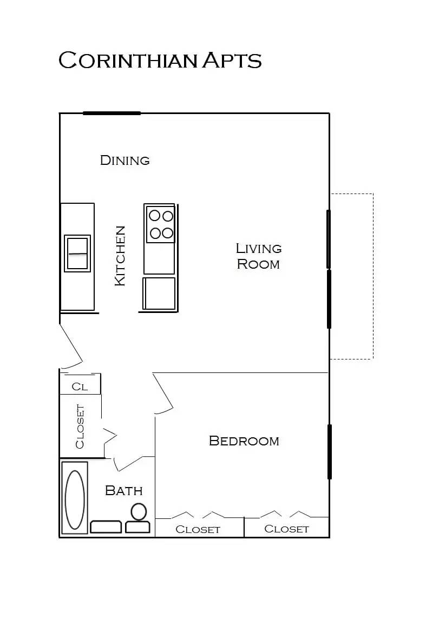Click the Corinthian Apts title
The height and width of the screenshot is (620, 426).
pyautogui.click(x=160, y=60)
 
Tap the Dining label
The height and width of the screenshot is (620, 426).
pyautogui.click(x=124, y=160)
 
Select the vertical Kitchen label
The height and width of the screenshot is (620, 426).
pyautogui.click(x=120, y=256)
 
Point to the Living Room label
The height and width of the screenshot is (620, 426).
pyautogui.click(x=259, y=256)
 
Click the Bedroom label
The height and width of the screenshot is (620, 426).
pyautogui.click(x=244, y=441)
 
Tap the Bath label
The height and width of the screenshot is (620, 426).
pyautogui.click(x=123, y=491)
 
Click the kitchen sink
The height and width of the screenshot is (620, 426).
pyautogui.click(x=77, y=253)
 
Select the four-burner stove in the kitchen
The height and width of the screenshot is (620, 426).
pyautogui.click(x=161, y=224)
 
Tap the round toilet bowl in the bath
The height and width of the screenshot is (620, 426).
pyautogui.click(x=139, y=511)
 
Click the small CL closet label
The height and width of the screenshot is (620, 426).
pyautogui.click(x=80, y=387)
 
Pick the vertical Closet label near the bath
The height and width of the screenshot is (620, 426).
pyautogui.click(x=80, y=426)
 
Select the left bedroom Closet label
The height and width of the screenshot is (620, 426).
pyautogui.click(x=198, y=530)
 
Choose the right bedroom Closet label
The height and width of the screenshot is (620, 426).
pyautogui.click(x=286, y=529)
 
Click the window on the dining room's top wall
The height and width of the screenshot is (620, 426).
pyautogui.click(x=112, y=113)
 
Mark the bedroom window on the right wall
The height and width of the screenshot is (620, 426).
pyautogui.click(x=329, y=452)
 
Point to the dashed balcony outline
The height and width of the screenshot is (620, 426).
pyautogui.click(x=372, y=276)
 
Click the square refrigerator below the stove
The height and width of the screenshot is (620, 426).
pyautogui.click(x=159, y=294)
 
